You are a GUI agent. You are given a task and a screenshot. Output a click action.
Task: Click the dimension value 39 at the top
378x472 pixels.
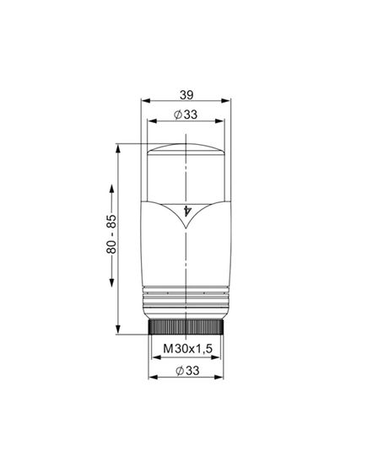(187, 96)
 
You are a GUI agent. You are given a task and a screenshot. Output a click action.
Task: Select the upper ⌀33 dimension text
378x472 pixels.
(186, 114)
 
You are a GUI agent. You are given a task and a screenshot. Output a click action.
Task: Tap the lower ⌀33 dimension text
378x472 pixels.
(186, 368)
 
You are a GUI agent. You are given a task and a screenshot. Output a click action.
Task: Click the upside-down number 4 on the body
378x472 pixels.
(186, 210)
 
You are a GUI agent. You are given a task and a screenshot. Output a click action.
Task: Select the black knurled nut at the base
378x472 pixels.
(186, 326)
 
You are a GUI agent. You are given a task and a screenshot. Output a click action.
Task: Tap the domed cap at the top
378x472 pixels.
(186, 153)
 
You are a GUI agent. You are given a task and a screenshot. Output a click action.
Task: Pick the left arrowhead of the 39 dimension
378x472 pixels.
(142, 105)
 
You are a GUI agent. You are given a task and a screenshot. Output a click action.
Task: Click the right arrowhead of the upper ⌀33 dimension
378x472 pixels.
(224, 123)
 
